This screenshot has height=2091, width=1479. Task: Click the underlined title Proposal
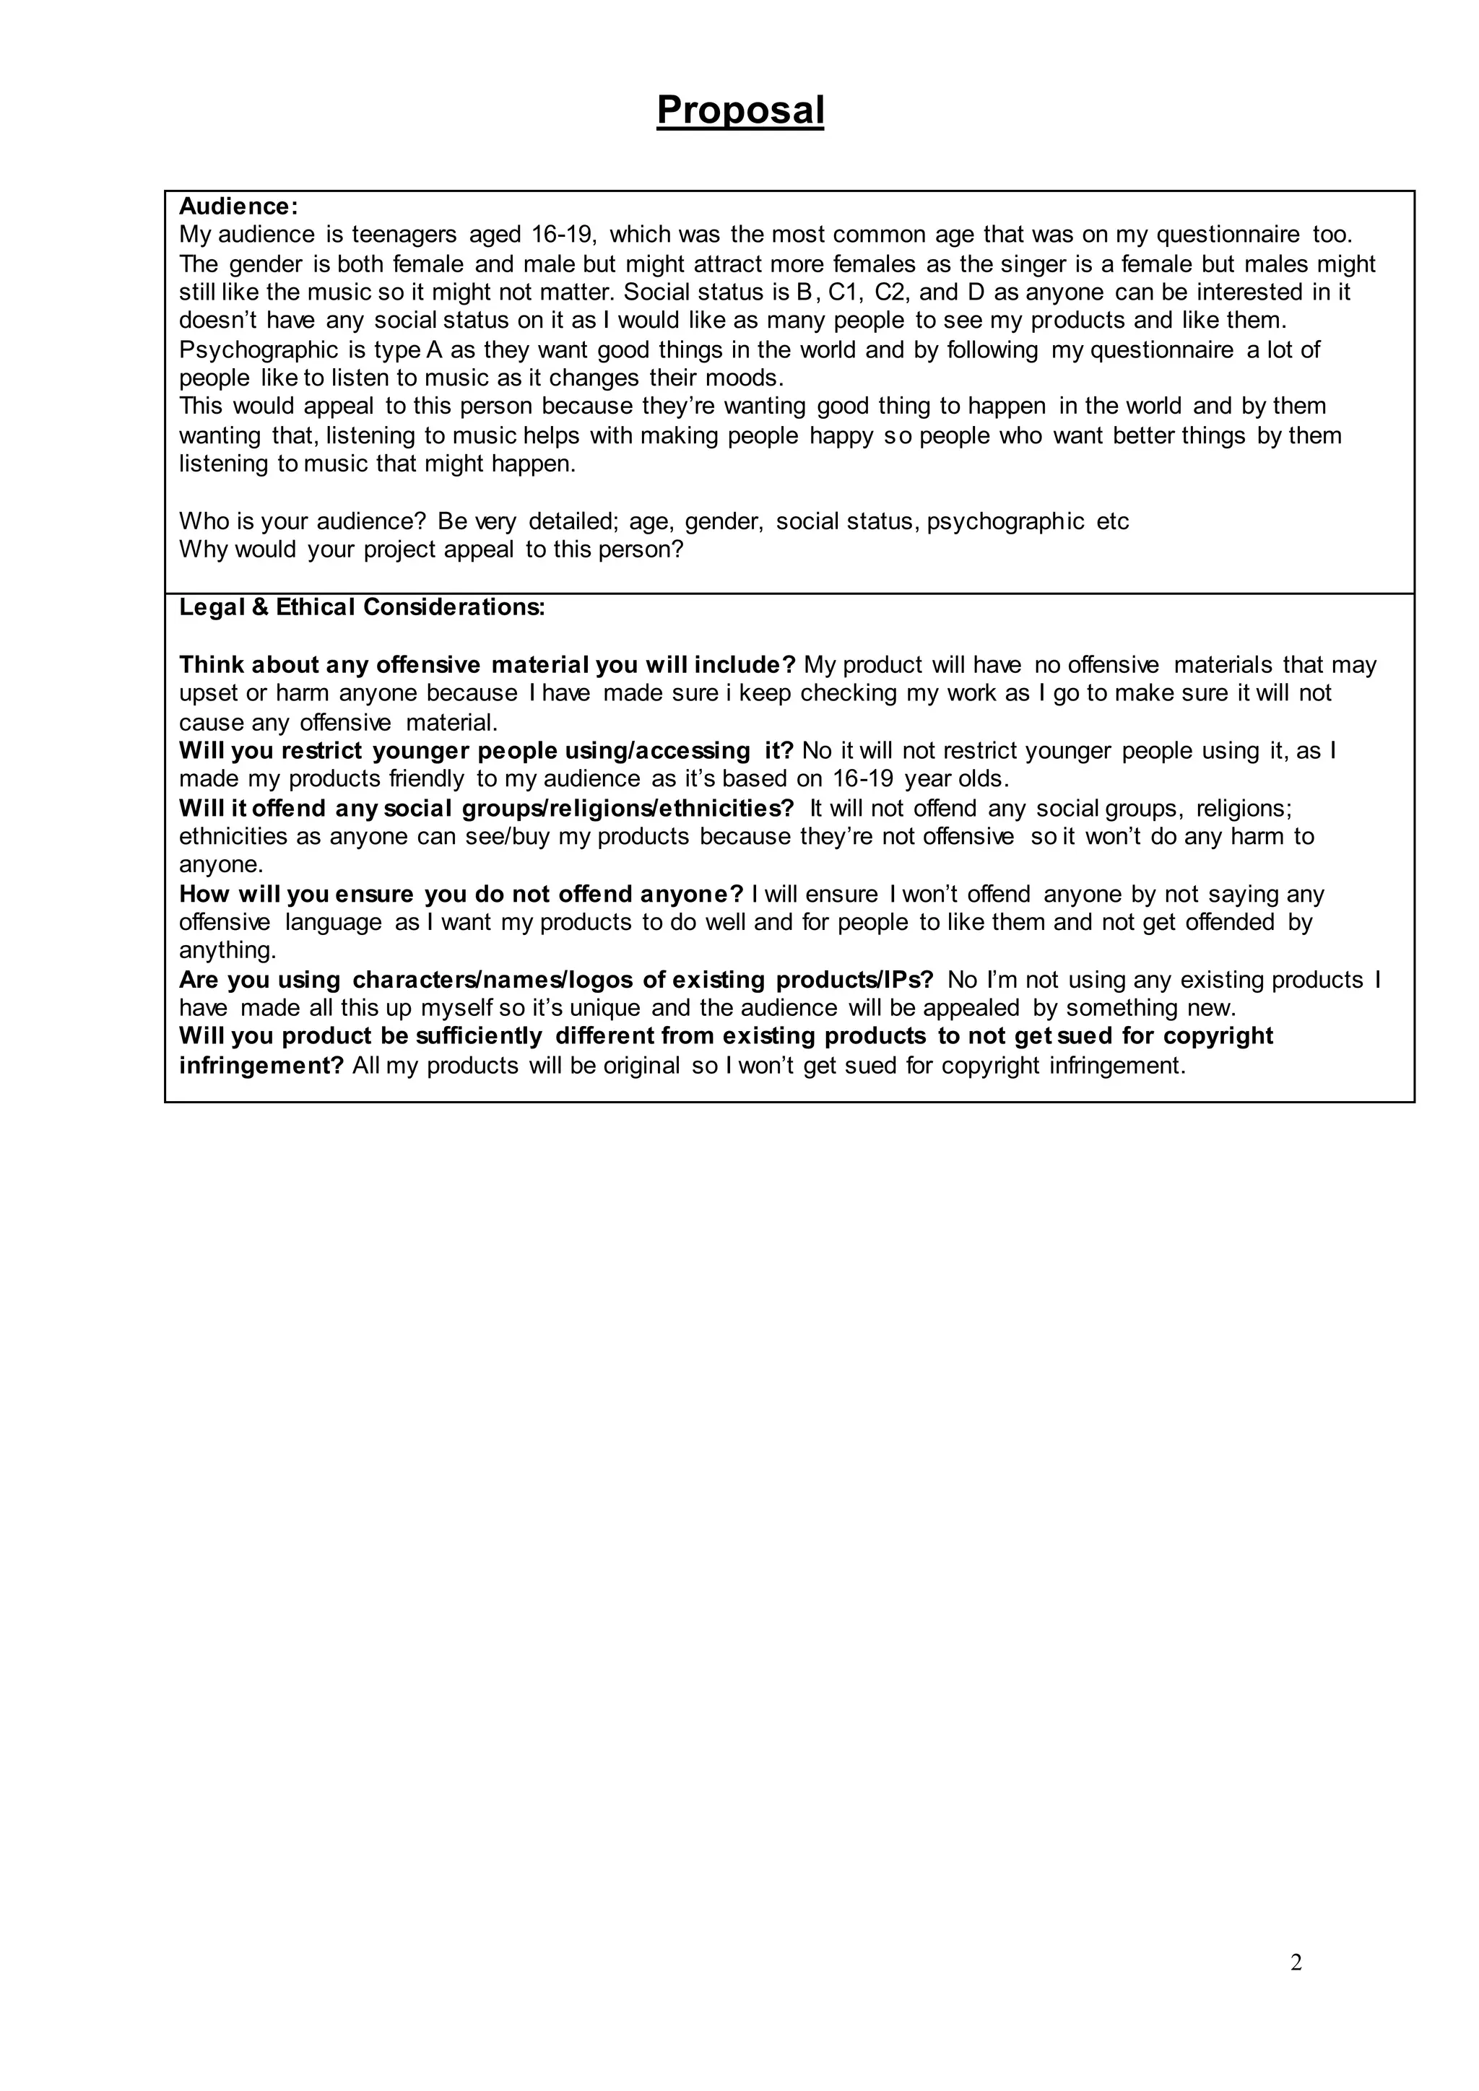(x=739, y=110)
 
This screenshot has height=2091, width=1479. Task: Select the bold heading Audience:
(x=238, y=207)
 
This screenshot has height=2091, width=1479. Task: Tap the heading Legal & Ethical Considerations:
(x=362, y=607)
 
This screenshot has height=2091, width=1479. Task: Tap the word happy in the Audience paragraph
(x=841, y=435)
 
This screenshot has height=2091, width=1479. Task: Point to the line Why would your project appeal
(x=430, y=550)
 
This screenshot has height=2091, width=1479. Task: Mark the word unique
(x=604, y=1008)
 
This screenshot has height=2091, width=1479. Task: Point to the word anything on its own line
(x=227, y=951)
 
